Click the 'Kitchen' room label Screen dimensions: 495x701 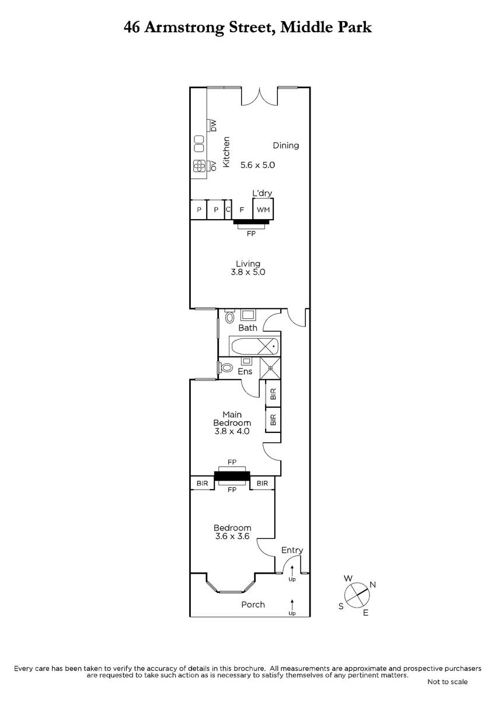226,152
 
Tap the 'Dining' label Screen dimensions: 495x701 286,145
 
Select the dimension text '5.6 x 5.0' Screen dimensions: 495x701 257,165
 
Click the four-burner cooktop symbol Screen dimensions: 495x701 199,166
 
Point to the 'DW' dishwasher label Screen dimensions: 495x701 214,126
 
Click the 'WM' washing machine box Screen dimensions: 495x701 263,209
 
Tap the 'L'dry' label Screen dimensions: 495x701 262,193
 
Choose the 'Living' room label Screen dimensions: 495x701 248,263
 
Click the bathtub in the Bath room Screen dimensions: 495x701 255,346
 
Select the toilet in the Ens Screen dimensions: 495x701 226,367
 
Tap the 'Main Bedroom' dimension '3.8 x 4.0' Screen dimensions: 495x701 232,431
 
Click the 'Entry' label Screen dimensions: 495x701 292,550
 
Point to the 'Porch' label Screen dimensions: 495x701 253,605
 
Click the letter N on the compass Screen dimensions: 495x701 372,584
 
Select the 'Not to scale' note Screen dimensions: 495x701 448,682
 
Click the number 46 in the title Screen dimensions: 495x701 132,27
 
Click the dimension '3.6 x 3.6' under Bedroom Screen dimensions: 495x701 232,536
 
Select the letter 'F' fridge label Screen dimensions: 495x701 242,210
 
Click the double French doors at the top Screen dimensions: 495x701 259,98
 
